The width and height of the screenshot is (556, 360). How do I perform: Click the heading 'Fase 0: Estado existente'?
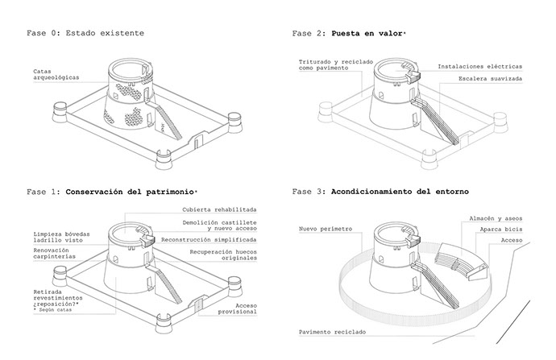coord(85,33)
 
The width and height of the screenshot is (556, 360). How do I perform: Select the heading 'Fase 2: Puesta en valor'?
coord(348,34)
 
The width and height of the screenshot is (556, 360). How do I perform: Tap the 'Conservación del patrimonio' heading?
coord(130,192)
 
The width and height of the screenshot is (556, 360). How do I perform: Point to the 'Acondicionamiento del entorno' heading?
coord(400,192)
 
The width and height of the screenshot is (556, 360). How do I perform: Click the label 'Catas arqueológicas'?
coord(56,74)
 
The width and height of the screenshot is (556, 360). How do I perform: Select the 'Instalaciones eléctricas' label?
coord(479,67)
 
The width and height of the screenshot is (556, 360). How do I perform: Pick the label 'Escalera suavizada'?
coord(490,79)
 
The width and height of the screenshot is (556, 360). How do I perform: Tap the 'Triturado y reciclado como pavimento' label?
coord(336,65)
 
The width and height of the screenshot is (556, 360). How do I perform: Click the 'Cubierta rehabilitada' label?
coord(219,209)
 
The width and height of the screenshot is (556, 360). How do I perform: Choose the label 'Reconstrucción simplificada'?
coord(209,240)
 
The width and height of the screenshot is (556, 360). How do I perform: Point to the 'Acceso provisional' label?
coord(237,308)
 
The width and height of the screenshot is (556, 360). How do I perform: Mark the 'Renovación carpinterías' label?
coord(55,254)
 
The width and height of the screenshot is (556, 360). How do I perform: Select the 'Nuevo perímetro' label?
coord(326,229)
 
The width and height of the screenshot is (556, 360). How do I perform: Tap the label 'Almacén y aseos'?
coord(496,218)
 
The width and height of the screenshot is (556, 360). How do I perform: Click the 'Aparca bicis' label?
coord(501,230)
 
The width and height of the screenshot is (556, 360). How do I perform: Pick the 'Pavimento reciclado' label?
coord(332,333)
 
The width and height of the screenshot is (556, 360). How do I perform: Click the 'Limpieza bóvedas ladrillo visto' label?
coord(62,238)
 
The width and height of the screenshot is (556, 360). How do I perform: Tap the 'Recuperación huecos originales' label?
coord(223,255)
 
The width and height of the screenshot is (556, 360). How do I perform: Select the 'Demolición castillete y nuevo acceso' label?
coord(219,226)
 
